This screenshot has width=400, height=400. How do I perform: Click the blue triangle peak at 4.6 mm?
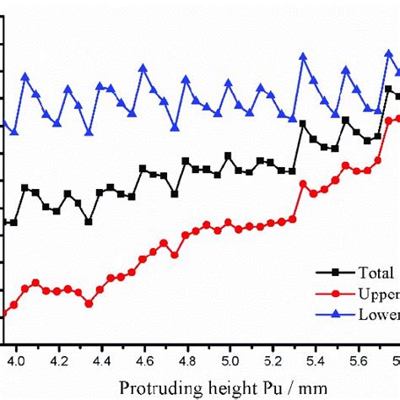[143, 68]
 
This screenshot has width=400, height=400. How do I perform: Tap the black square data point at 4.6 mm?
[143, 169]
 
